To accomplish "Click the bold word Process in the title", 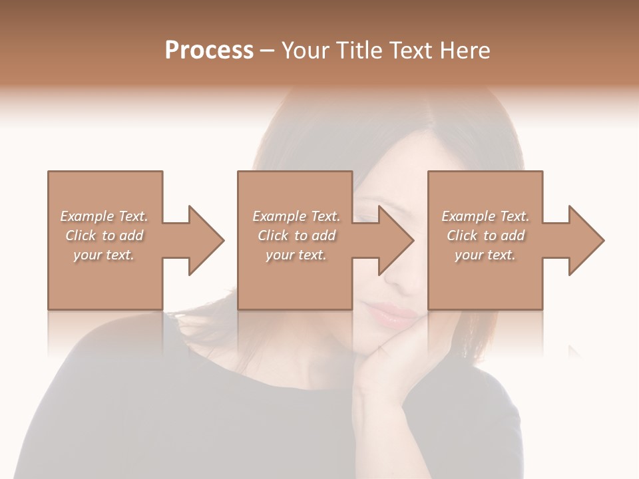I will click(x=209, y=51).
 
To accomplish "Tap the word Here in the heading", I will click(x=465, y=51).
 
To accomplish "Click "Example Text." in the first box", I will click(x=104, y=216).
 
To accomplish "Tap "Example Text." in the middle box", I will click(x=296, y=216).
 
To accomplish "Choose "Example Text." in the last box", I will click(x=485, y=216).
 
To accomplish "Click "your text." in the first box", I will click(x=104, y=255).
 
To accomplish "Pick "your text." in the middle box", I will click(x=296, y=255).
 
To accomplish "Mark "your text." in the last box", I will click(x=485, y=255).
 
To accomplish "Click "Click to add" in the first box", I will click(x=104, y=236).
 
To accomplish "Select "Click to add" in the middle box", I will click(x=296, y=236).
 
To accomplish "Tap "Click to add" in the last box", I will click(x=485, y=236).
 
